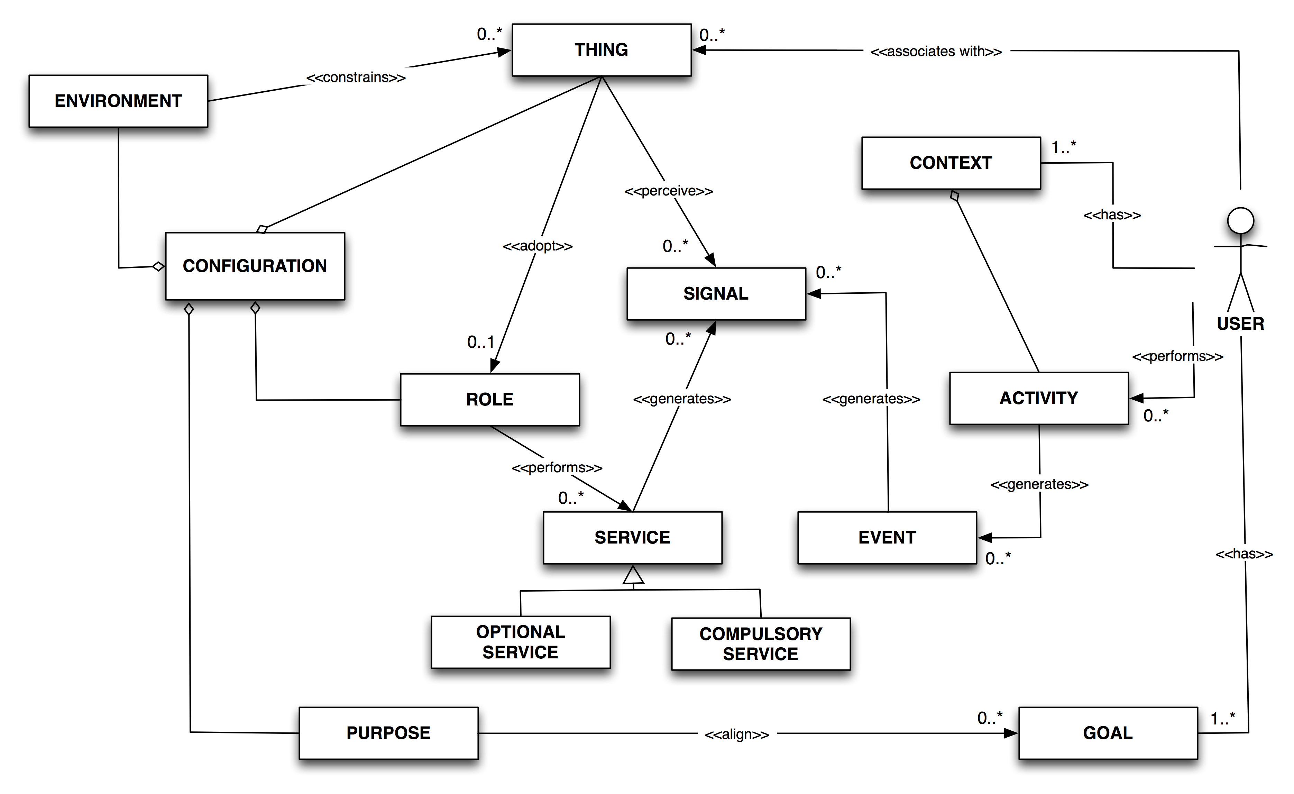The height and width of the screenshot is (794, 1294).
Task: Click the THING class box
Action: pos(601,50)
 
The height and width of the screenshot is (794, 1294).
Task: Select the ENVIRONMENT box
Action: pos(118,101)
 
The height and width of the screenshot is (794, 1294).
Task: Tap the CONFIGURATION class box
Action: pos(255,266)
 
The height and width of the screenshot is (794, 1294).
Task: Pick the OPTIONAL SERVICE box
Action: pos(521,642)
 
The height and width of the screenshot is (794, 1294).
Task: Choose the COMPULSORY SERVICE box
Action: pos(760,644)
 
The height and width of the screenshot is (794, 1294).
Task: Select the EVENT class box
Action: pos(887,538)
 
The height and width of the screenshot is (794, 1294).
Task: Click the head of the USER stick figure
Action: pos(1240,221)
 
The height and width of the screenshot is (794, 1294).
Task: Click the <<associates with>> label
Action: pos(936,52)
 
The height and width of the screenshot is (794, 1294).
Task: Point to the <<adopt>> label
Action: pos(537,246)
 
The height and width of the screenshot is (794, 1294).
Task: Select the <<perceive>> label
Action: pos(669,191)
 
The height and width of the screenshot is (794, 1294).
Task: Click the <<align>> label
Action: pos(737,734)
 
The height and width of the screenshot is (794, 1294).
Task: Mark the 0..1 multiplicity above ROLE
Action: pos(480,343)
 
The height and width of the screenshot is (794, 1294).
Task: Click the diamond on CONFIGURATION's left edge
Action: pos(158,267)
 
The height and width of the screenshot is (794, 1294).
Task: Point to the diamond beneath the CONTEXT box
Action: pos(955,196)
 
